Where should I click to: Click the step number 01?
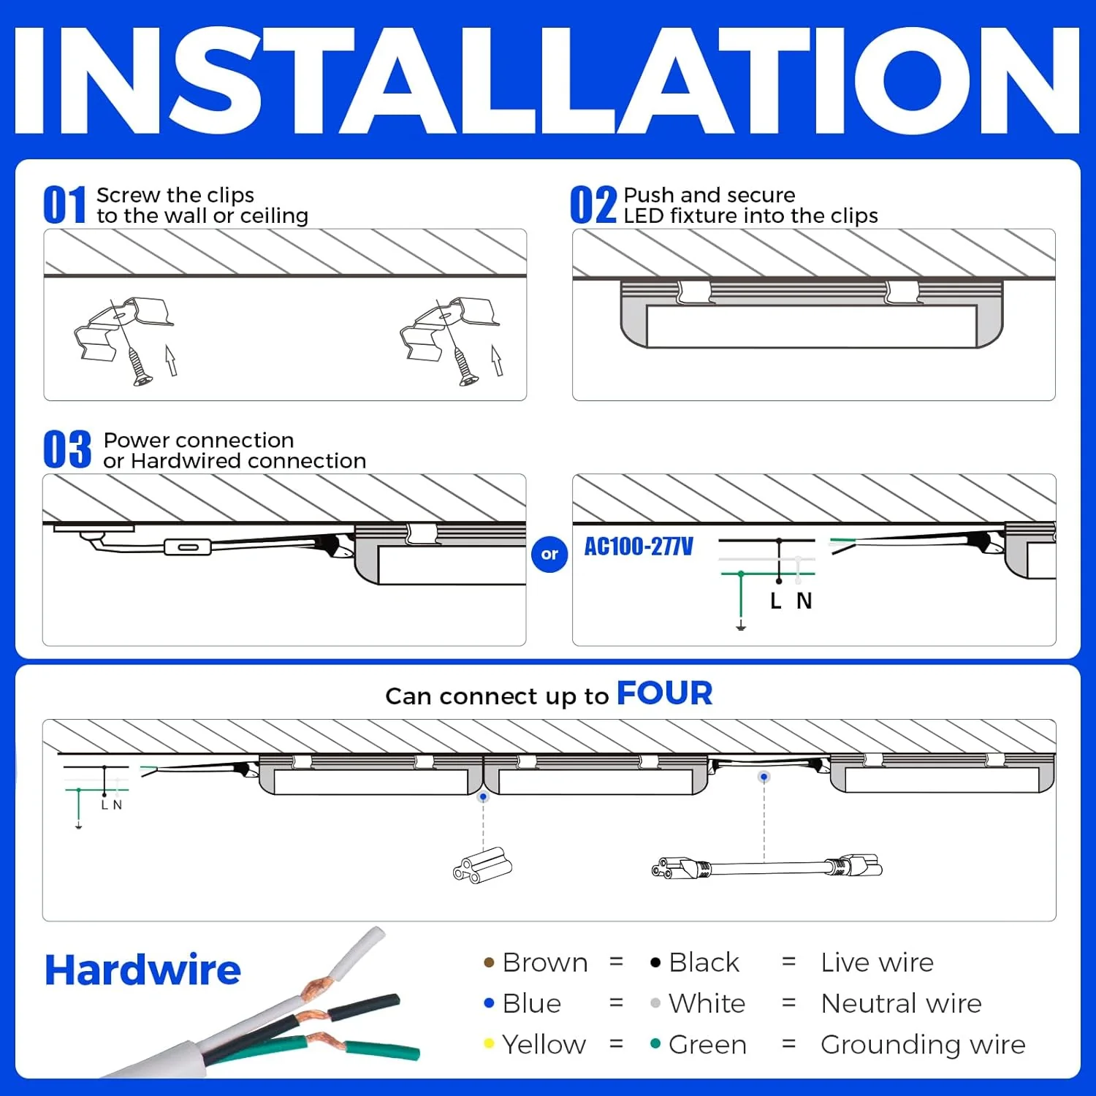point(64,205)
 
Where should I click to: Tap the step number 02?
point(593,205)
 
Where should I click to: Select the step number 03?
point(66,449)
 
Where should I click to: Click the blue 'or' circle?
point(549,554)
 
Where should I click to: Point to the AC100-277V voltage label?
point(639,547)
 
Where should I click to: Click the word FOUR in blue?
point(664,693)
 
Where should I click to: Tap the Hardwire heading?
point(142,970)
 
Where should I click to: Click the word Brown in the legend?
point(545,962)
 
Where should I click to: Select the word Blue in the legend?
point(532,1003)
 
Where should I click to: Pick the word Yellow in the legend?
point(544,1044)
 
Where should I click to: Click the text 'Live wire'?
point(877,962)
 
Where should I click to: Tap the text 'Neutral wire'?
point(901,1003)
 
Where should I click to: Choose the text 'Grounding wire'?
point(923,1044)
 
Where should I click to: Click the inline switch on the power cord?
point(188,547)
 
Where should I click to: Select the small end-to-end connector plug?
point(482,865)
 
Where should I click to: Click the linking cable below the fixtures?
point(766,868)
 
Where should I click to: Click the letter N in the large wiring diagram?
point(804,601)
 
